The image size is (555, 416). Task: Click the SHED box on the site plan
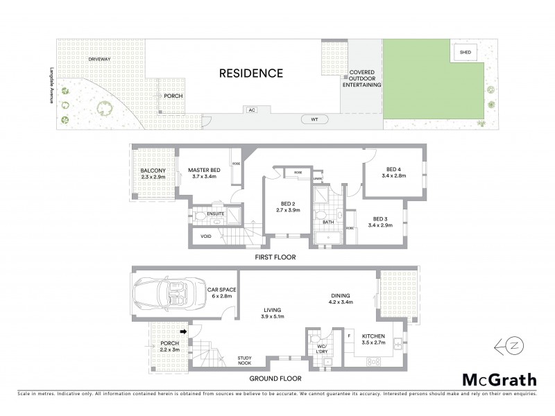point(463,52)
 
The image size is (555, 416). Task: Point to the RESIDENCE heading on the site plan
point(251,73)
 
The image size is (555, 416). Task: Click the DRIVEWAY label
point(100,60)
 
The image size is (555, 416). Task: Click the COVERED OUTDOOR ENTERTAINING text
point(365,78)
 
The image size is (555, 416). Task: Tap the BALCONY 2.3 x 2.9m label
point(153,175)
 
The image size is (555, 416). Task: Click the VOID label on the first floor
point(206,236)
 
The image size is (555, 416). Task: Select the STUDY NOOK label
point(246,360)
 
